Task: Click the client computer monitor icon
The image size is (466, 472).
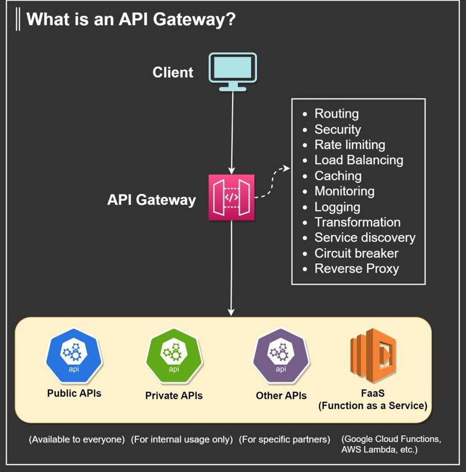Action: pyautogui.click(x=233, y=72)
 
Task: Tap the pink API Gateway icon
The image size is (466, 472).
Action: pyautogui.click(x=232, y=197)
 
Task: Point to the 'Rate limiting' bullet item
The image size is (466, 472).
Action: pyautogui.click(x=349, y=145)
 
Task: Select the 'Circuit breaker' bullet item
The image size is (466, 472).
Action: pyautogui.click(x=356, y=253)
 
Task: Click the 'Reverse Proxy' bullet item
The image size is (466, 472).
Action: pyautogui.click(x=356, y=269)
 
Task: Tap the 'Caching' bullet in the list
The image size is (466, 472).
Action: pyautogui.click(x=337, y=176)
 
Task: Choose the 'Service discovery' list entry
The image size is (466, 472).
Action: pyautogui.click(x=364, y=237)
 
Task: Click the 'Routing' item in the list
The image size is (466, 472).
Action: pyautogui.click(x=336, y=114)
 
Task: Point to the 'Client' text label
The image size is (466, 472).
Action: pyautogui.click(x=173, y=73)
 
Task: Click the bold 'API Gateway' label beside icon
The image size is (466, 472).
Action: pyautogui.click(x=151, y=200)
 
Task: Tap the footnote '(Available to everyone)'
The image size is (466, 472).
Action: pyautogui.click(x=78, y=439)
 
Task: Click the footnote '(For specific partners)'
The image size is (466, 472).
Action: pyautogui.click(x=284, y=439)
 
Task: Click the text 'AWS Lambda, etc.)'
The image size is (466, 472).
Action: pyautogui.click(x=379, y=451)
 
